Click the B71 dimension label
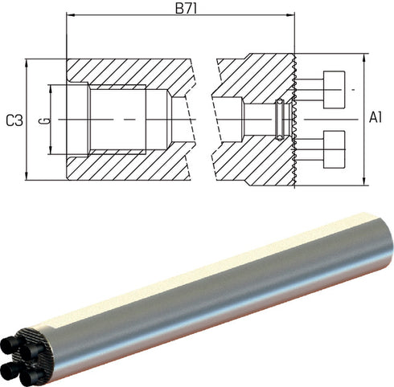[x=187, y=8]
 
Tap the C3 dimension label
[x=14, y=120]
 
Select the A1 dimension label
[x=376, y=117]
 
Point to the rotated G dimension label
[x=47, y=120]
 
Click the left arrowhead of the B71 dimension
[x=70, y=15]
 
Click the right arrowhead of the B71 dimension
[x=290, y=15]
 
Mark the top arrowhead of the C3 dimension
[x=27, y=63]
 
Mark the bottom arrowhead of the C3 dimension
[x=27, y=176]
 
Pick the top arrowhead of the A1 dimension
[x=364, y=58]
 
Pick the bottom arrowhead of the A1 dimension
[x=364, y=181]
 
